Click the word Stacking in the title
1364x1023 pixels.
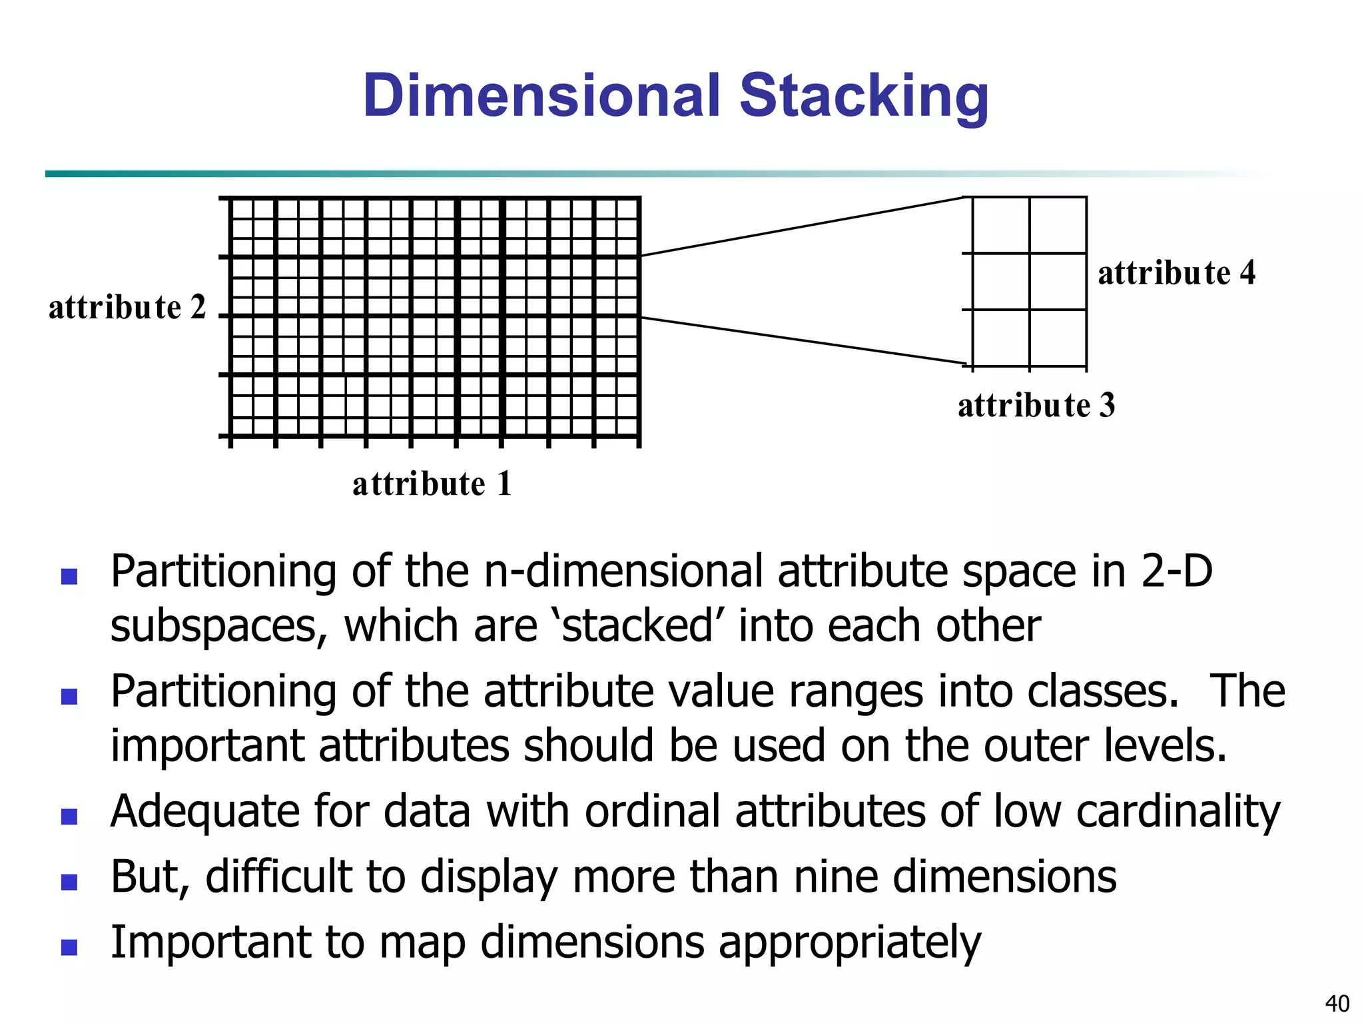coord(864,97)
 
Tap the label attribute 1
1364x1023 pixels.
coord(432,484)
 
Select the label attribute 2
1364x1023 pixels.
coord(127,308)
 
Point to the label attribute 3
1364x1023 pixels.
coord(1036,406)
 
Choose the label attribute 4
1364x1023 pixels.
coord(1176,273)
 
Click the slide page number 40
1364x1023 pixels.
coord(1337,1003)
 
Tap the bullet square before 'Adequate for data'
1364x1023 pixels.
coord(69,817)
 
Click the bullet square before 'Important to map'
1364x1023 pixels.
coord(69,947)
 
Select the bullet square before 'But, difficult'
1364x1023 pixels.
coord(69,882)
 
